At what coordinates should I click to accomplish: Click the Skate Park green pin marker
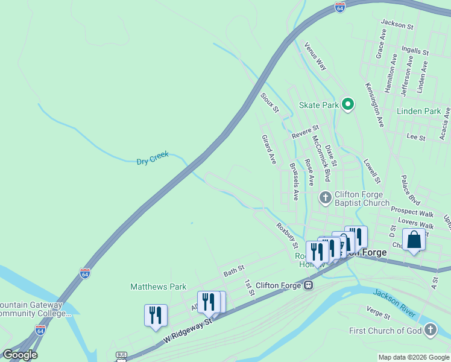point(347,105)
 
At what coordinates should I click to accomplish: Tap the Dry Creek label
point(152,160)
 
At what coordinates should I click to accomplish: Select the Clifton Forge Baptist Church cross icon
point(325,197)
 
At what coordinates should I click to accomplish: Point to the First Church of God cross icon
point(430,330)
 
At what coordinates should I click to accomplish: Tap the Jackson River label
point(394,303)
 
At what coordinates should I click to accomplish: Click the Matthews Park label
point(159,287)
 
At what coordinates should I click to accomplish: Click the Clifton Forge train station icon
point(308,285)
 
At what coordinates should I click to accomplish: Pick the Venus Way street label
point(315,56)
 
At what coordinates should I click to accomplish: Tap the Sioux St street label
point(270,103)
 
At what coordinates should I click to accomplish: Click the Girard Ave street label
point(268,150)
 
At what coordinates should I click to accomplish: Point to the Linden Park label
point(419,111)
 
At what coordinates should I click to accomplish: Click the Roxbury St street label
point(287,235)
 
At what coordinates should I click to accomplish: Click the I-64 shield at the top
point(340,8)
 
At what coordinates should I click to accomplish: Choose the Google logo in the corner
point(20,355)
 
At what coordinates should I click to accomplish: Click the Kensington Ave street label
point(374,105)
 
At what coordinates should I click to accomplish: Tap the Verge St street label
point(379,313)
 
